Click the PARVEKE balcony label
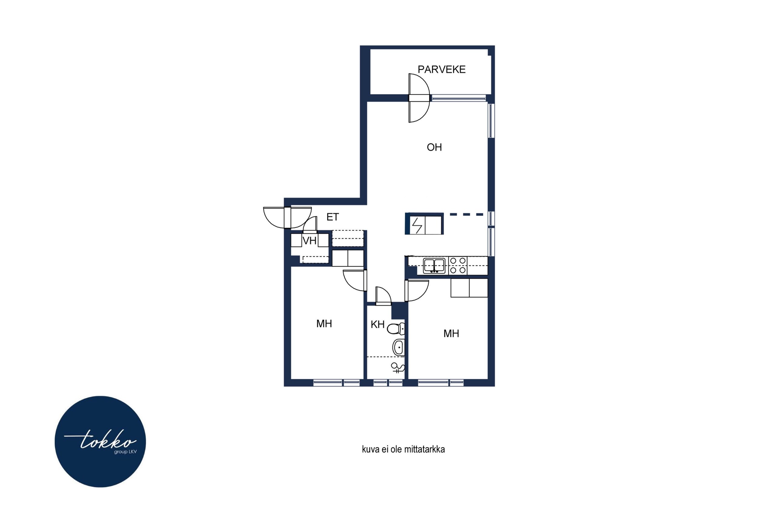point(441,70)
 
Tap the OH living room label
point(434,147)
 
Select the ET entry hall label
point(332,217)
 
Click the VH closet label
point(310,241)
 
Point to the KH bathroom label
point(378,324)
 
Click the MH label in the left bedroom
point(324,324)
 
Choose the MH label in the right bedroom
point(451,333)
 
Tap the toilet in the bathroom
point(396,329)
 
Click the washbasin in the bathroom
point(398,347)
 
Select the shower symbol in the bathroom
point(398,368)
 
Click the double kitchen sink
point(434,266)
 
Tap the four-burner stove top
point(458,265)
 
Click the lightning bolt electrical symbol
point(417,225)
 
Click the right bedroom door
point(417,291)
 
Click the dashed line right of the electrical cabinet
point(466,214)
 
